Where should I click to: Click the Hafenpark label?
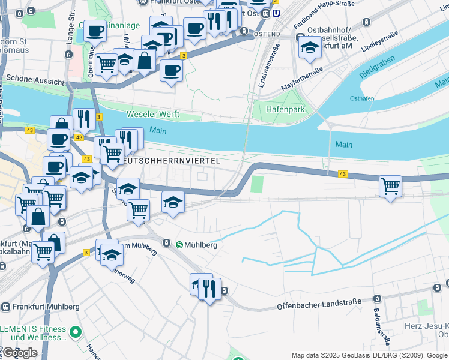pyautogui.click(x=288, y=110)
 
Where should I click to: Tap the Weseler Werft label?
pyautogui.click(x=155, y=114)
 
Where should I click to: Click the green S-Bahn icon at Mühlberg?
pyautogui.click(x=179, y=244)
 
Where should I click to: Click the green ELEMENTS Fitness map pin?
pyautogui.click(x=76, y=331)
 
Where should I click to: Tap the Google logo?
pyautogui.click(x=19, y=353)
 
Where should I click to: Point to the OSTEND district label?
pyautogui.click(x=267, y=34)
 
